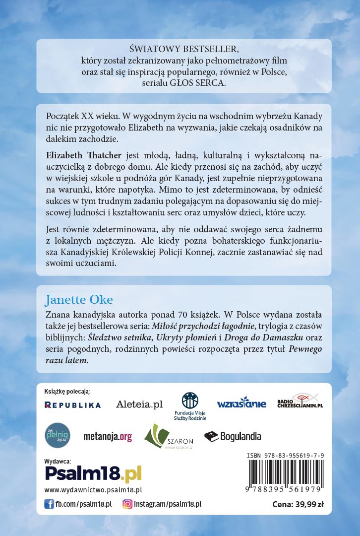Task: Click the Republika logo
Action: point(72,405)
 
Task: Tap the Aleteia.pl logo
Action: point(139,404)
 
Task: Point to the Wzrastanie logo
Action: point(241,404)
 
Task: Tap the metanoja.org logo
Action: point(108,437)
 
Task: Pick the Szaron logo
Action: point(164,437)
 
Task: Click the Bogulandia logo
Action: point(233,437)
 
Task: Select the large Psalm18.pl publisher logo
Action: point(93,473)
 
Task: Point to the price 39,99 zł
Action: point(298,505)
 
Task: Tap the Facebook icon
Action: point(49,504)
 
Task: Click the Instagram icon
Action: point(127,504)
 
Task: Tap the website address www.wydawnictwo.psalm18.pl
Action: point(93,490)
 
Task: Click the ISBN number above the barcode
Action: point(285,455)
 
